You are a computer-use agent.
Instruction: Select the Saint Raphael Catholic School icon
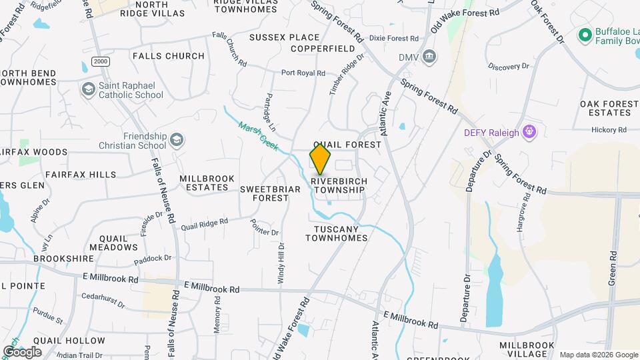coord(88,89)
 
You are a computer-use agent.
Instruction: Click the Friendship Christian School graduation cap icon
coord(176,140)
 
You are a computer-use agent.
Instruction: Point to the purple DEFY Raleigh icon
coord(530,132)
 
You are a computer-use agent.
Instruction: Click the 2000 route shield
coord(101,61)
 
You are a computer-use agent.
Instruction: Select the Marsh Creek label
coord(258,135)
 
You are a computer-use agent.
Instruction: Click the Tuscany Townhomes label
coord(336,233)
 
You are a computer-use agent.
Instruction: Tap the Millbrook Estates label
coord(204,183)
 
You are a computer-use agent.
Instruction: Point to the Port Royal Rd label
coord(303,73)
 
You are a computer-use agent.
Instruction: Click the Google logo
coord(22,351)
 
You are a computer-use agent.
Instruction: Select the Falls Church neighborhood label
coord(168,56)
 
